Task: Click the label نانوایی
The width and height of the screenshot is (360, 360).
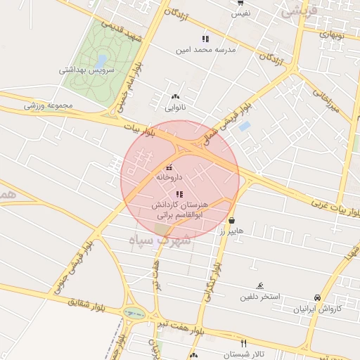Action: pyautogui.click(x=175, y=108)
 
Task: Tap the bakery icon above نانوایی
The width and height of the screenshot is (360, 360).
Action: pyautogui.click(x=175, y=96)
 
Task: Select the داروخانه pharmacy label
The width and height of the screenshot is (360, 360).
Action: pyautogui.click(x=169, y=179)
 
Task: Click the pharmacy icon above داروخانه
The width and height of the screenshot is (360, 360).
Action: pyautogui.click(x=169, y=167)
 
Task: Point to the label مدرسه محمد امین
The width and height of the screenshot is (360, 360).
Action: pyautogui.click(x=205, y=50)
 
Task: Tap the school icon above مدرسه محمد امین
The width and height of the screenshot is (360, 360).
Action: pyautogui.click(x=205, y=39)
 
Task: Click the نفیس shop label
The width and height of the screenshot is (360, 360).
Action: pyautogui.click(x=241, y=13)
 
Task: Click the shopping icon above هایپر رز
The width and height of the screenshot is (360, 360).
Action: pyautogui.click(x=231, y=219)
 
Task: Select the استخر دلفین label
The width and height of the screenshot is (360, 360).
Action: pyautogui.click(x=260, y=297)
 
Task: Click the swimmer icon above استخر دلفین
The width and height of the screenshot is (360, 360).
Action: pyautogui.click(x=260, y=285)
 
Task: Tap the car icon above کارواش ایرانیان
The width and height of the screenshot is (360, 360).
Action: pyautogui.click(x=318, y=297)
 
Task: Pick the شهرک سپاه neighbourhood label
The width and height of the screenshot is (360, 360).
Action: pyautogui.click(x=160, y=240)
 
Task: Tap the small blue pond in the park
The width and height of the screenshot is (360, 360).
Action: pyautogui.click(x=103, y=61)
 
